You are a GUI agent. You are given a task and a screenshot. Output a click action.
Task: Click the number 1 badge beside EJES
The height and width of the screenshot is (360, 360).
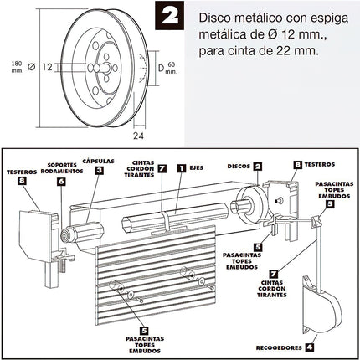181,168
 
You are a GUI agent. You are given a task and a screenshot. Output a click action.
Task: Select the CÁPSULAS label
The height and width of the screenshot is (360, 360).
100,155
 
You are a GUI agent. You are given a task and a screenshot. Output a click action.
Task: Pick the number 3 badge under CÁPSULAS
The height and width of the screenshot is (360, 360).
99,170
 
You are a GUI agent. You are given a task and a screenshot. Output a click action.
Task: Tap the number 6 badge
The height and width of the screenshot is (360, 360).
60,180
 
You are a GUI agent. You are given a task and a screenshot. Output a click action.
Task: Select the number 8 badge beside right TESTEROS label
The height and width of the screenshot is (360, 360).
298,166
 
